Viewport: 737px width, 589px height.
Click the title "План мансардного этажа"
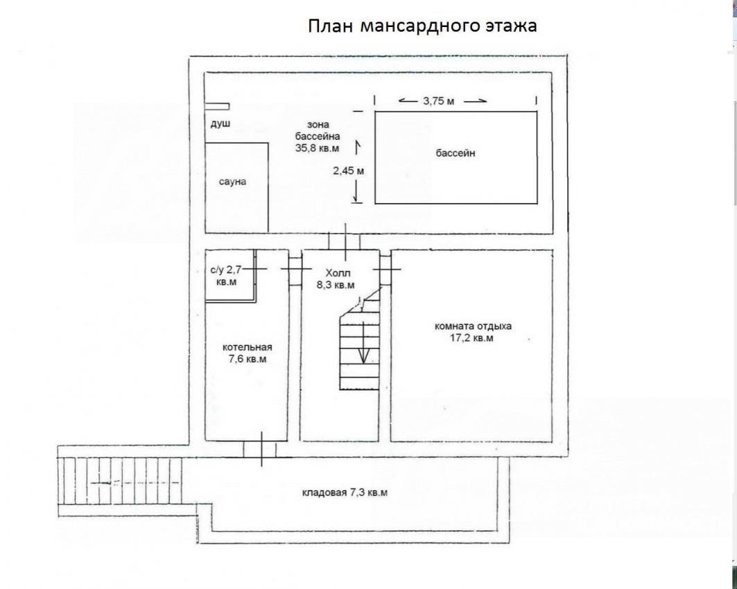pyautogui.click(x=422, y=26)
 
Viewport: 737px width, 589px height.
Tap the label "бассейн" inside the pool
pyautogui.click(x=455, y=153)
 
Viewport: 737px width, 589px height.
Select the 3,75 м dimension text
pyautogui.click(x=439, y=101)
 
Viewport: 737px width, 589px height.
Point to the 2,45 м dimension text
pyautogui.click(x=348, y=171)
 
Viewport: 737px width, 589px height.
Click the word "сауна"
pyautogui.click(x=232, y=182)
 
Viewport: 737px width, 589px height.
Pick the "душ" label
pyautogui.click(x=220, y=124)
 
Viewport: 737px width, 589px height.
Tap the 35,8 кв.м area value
pyautogui.click(x=318, y=148)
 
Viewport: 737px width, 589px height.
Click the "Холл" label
pyautogui.click(x=338, y=273)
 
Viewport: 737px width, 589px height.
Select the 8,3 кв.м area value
pyautogui.click(x=336, y=285)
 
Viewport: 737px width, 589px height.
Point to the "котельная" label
pyautogui.click(x=248, y=348)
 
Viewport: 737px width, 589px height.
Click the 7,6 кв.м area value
pyautogui.click(x=248, y=360)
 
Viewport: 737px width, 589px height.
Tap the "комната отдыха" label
pyautogui.click(x=474, y=326)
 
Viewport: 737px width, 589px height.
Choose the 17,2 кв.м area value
pyautogui.click(x=472, y=337)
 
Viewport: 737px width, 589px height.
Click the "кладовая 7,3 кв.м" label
pyautogui.click(x=345, y=493)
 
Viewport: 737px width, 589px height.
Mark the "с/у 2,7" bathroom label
pyautogui.click(x=226, y=270)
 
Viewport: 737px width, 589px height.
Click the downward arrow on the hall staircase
pyautogui.click(x=363, y=342)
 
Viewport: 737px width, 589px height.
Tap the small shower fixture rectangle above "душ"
pyautogui.click(x=217, y=106)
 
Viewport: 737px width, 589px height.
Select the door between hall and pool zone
pyautogui.click(x=345, y=241)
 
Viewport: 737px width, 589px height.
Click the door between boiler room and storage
pyautogui.click(x=261, y=450)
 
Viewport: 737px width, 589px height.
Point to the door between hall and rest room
pyautogui.click(x=385, y=269)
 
